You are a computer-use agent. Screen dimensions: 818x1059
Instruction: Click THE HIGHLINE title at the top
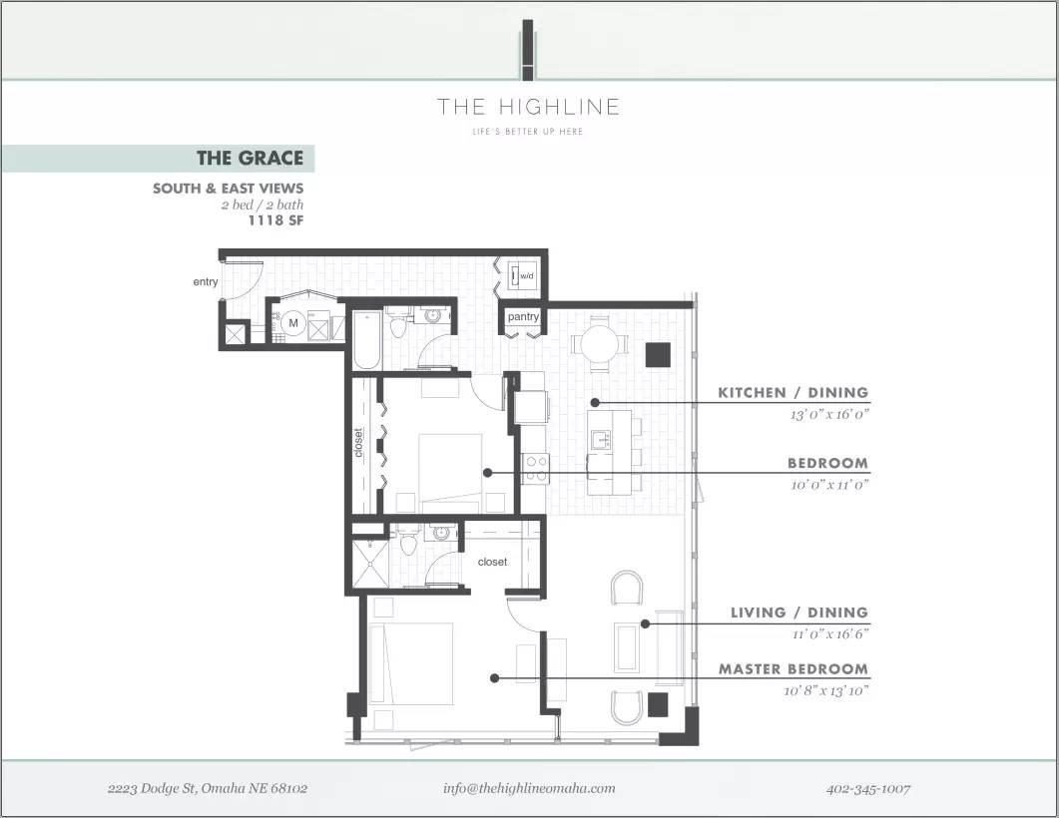(x=528, y=107)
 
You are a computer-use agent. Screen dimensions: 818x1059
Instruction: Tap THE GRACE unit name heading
(x=250, y=159)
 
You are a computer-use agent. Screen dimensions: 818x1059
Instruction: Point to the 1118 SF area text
(x=275, y=221)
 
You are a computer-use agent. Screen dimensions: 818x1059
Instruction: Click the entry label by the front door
(x=206, y=282)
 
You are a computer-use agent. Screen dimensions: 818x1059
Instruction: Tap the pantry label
(x=523, y=317)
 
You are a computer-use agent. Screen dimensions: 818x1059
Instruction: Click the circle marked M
(x=293, y=323)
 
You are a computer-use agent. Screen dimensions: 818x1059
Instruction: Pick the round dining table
(x=600, y=345)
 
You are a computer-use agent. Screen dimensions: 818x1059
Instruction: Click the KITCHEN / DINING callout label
(x=793, y=393)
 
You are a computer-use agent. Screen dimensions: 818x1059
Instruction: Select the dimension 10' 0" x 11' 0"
(x=828, y=485)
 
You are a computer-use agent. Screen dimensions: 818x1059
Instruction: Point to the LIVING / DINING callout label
(x=798, y=613)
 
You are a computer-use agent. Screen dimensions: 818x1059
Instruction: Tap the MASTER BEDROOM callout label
(x=793, y=669)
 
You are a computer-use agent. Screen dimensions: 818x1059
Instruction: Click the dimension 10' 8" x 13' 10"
(x=825, y=690)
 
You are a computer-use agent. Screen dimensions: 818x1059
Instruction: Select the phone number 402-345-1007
(x=868, y=788)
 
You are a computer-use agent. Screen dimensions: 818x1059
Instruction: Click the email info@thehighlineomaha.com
(x=529, y=788)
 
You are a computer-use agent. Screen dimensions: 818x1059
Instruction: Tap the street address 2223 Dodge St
(x=208, y=788)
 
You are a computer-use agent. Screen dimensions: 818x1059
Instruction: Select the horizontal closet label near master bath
(x=492, y=562)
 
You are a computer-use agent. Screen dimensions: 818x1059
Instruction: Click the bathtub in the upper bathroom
(x=364, y=339)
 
